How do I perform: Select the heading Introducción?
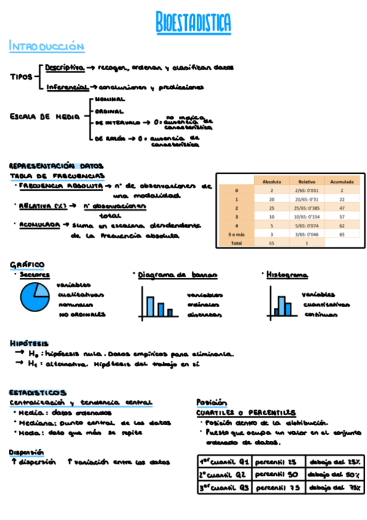46,47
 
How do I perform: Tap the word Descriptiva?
64,66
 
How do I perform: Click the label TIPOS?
21,77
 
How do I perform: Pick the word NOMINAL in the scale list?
110,99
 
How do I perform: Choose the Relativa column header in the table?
306,182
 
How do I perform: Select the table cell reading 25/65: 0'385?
306,208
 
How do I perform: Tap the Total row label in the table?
236,243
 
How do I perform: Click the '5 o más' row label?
236,234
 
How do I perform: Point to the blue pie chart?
35,297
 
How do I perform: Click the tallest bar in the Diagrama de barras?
150,305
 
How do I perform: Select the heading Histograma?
287,275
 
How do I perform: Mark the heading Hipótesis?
29,343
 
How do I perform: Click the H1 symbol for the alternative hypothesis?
32,364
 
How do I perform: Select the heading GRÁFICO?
27,264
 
